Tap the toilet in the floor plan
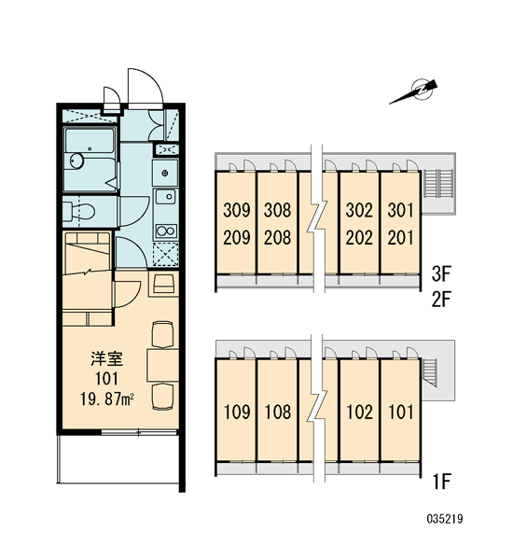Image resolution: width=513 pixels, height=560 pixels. pos(79,212)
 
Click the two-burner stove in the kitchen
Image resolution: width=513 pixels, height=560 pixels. pos(166,231)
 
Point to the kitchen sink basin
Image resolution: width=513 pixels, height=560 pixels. pos(166,196)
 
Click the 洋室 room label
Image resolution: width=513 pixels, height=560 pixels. pos(106,358)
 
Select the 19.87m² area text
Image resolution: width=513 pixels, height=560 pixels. pos(106,399)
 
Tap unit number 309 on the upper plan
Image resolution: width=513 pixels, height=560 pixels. pos(237,210)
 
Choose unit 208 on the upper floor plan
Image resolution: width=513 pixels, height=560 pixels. pos(277,237)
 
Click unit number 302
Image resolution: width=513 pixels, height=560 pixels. pos(359,210)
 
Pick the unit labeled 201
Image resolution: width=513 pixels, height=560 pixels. pos(400,237)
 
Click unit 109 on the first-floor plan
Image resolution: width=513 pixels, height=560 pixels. pos(237,412)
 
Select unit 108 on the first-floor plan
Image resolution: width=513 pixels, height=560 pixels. pos(278,412)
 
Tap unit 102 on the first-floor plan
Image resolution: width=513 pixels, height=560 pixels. pos(359,412)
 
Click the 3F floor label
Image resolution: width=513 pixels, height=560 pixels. pos(441,274)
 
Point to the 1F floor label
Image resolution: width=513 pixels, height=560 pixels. pos(441,481)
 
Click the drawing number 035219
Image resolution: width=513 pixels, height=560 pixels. pos(445,518)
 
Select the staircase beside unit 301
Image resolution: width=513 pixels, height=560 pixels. pos(438,184)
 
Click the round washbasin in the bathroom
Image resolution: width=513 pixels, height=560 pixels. pos(76,161)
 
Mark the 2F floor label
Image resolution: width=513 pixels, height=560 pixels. pos(441,300)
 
